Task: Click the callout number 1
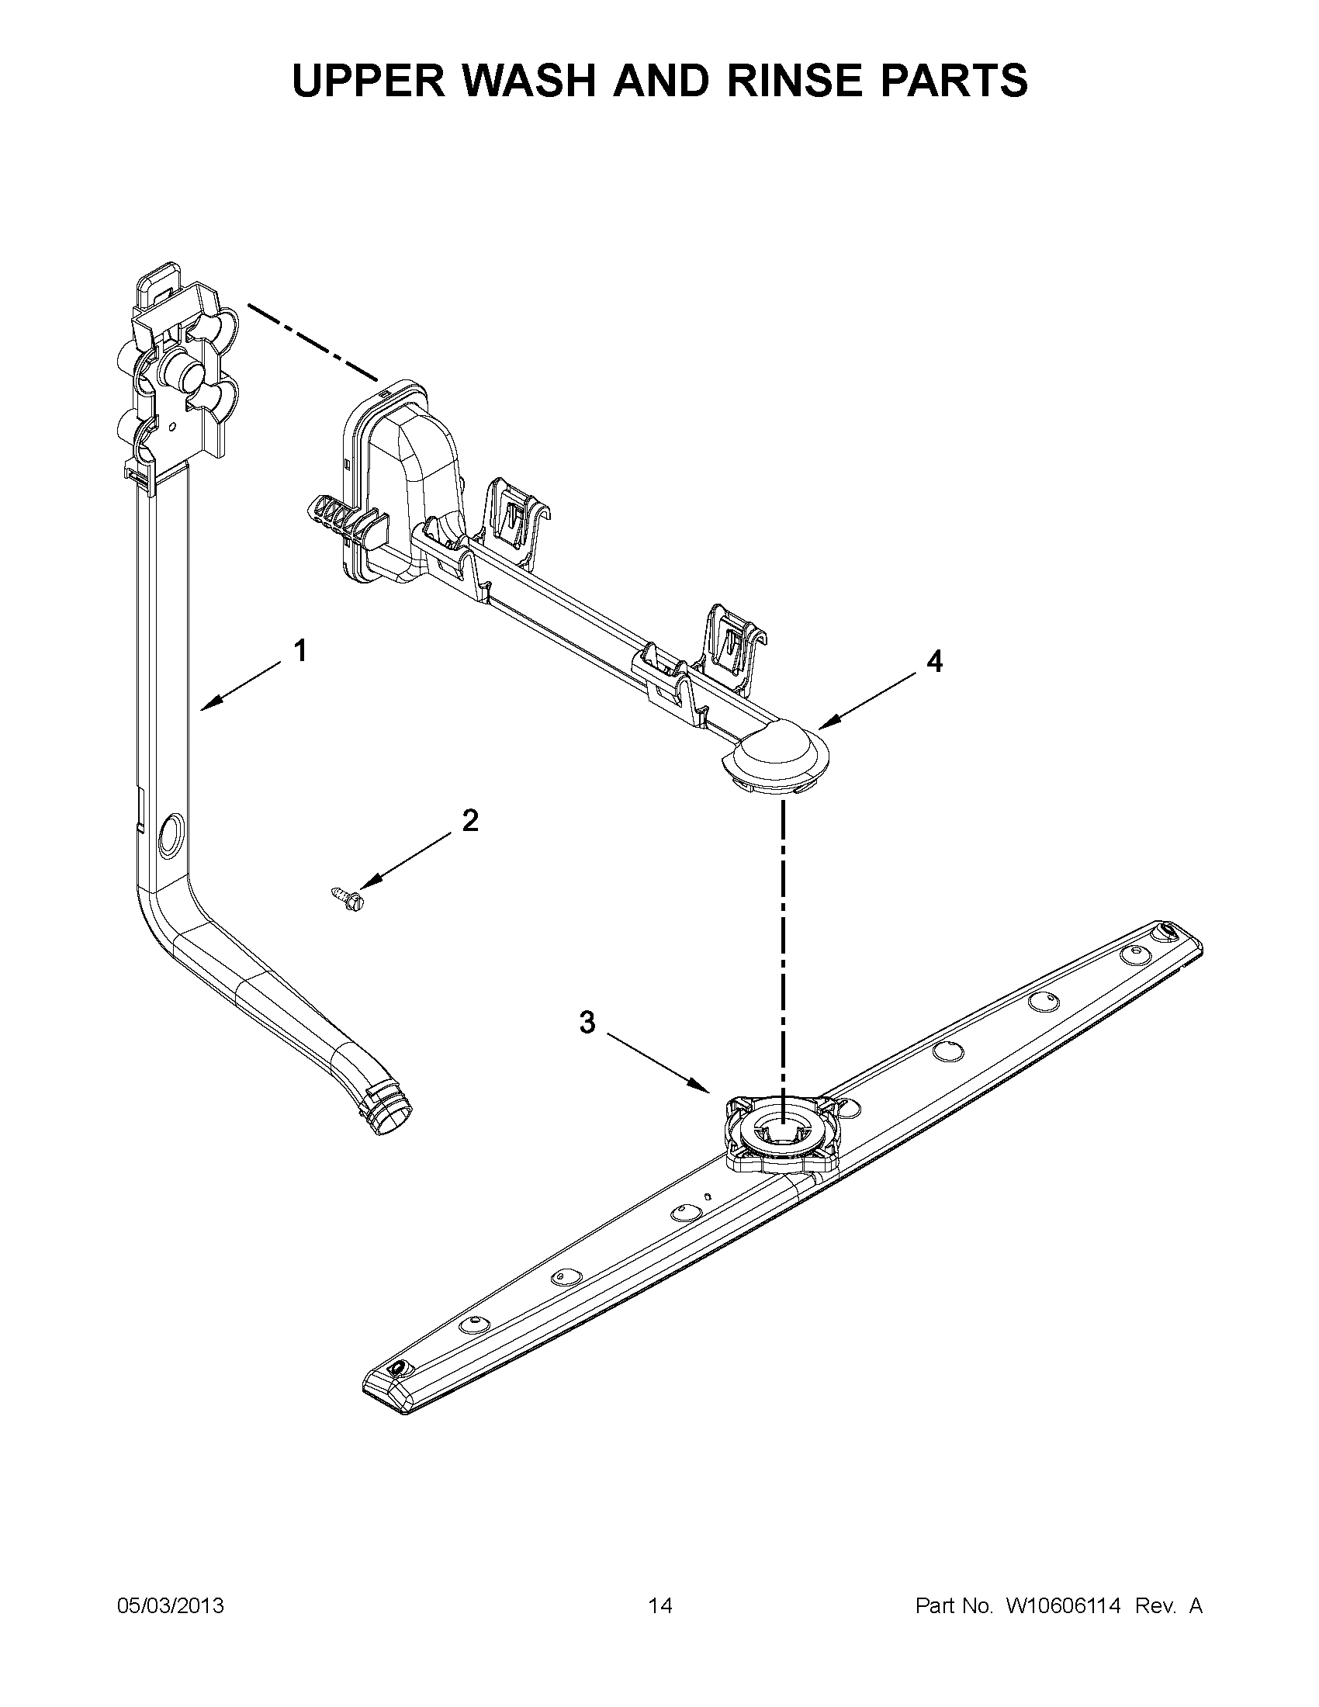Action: coord(299,651)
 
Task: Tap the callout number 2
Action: coord(469,821)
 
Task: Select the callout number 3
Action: coord(587,1022)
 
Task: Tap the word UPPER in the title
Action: coord(368,81)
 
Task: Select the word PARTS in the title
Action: coord(959,81)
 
